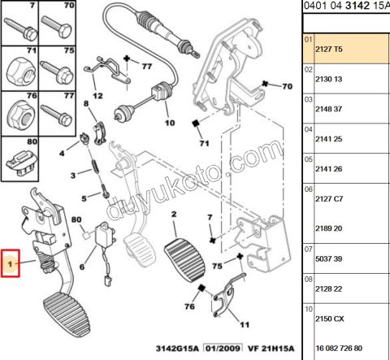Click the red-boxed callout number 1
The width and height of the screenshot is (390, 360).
(x=11, y=264)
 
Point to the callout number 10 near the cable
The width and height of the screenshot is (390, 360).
(x=170, y=124)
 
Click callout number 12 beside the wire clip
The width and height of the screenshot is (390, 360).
(x=97, y=95)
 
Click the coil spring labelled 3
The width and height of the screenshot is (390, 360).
(x=95, y=172)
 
